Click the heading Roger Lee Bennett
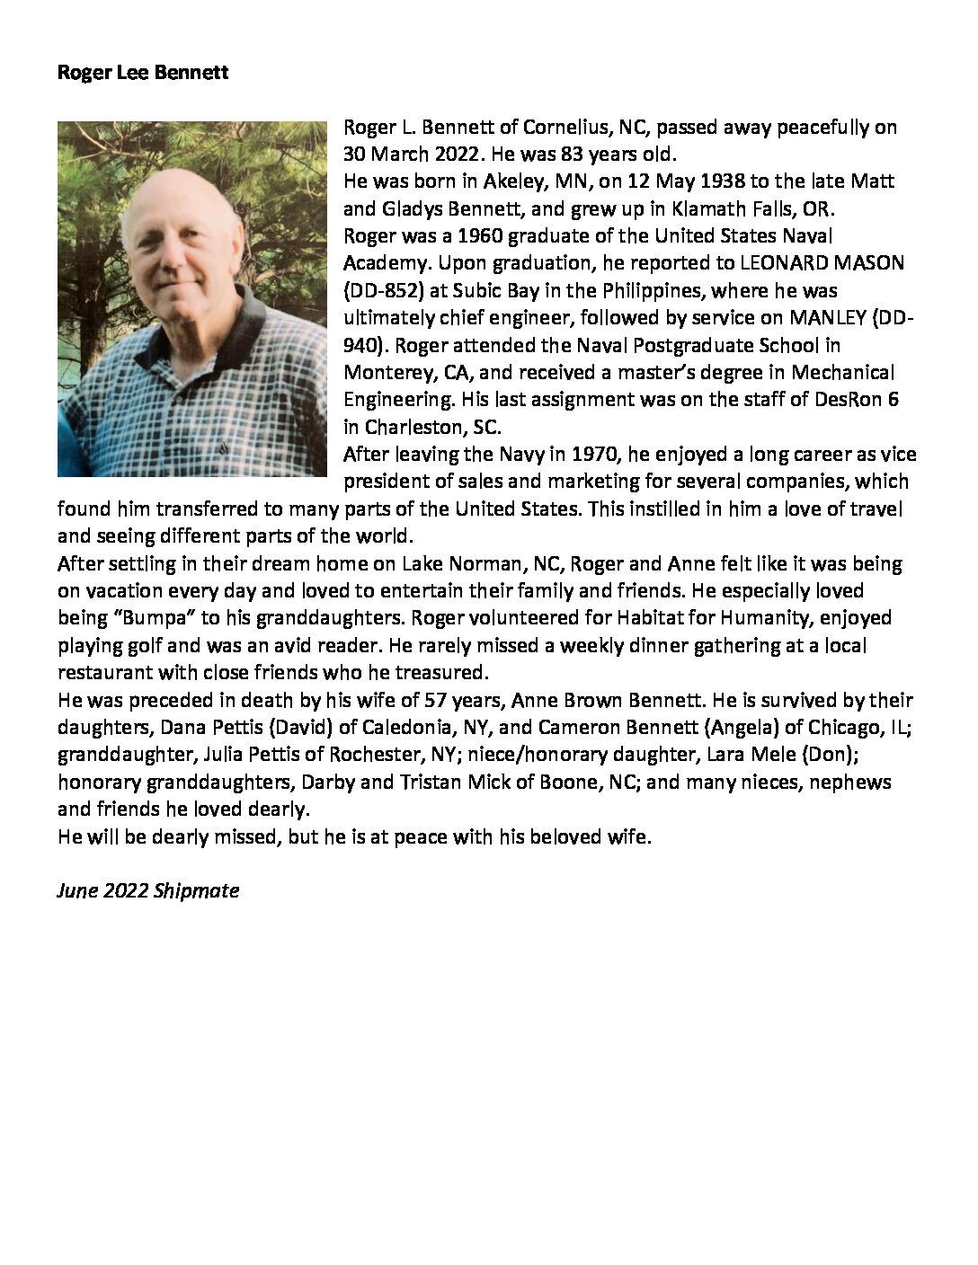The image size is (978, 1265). (142, 73)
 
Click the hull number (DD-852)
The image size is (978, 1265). (380, 290)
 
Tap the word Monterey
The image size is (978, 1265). (381, 372)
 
